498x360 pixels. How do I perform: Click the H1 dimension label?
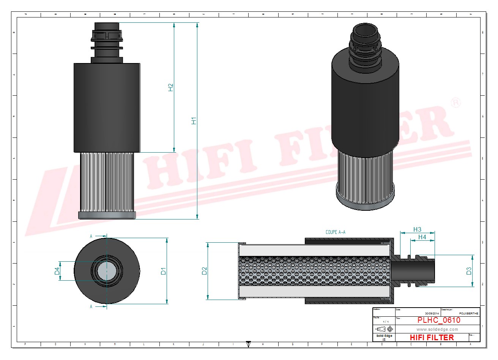point(194,121)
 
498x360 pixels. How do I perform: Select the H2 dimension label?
point(171,87)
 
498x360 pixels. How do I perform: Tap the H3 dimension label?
point(417,229)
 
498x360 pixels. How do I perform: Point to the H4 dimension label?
point(422,237)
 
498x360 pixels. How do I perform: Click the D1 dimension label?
point(163,271)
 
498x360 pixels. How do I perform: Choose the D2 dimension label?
point(204,271)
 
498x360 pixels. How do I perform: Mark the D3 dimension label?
point(469,271)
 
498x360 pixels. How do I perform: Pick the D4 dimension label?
point(57,271)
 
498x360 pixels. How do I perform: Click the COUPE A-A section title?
point(336,232)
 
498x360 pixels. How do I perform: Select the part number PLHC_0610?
point(439,320)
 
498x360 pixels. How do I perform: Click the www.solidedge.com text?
point(437,329)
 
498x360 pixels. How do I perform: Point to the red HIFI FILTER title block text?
point(432,337)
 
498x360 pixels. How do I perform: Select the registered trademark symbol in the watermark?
point(455,103)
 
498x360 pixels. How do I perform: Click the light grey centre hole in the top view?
point(107,271)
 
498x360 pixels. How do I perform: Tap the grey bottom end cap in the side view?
point(107,215)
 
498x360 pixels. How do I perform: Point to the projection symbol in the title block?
point(385,329)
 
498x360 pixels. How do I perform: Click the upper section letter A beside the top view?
point(91,236)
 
